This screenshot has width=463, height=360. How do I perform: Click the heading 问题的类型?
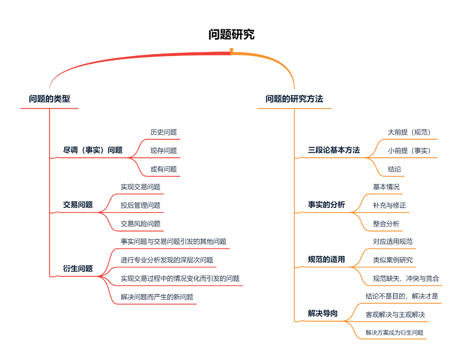(49, 99)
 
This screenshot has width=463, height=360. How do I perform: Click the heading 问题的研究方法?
(294, 99)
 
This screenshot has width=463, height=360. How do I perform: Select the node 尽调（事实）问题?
(93, 150)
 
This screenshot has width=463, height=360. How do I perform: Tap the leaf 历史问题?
(164, 132)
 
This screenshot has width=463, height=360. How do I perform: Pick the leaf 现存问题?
(164, 151)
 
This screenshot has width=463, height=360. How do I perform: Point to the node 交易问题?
(78, 205)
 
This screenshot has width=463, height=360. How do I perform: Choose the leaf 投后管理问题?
(140, 206)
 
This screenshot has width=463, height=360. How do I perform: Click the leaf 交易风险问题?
(140, 224)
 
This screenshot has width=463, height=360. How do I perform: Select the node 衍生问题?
(78, 269)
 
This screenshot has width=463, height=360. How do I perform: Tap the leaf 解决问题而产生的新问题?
(157, 297)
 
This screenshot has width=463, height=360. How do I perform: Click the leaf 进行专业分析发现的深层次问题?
(167, 260)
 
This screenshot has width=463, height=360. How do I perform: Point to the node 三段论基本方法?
(334, 150)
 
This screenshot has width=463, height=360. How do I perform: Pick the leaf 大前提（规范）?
(409, 132)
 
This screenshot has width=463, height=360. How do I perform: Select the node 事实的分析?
(326, 205)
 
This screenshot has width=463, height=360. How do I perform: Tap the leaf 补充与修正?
(389, 206)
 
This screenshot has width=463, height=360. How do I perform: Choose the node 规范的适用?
(326, 259)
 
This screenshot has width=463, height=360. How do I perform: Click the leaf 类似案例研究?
(393, 260)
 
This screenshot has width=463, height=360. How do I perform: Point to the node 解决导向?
(322, 313)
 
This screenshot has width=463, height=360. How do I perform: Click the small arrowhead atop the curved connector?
(231, 51)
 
